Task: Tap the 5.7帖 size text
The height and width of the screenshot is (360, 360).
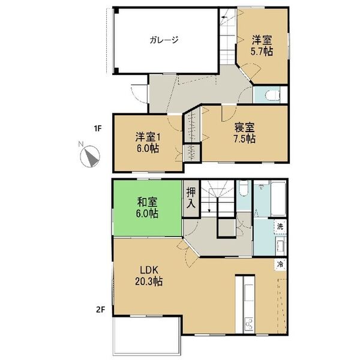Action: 263,52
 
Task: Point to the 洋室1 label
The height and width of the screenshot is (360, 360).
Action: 146,136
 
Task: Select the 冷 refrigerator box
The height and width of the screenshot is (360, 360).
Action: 280,263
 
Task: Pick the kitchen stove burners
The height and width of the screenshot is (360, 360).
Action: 247,325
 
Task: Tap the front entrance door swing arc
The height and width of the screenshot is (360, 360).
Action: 137,94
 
